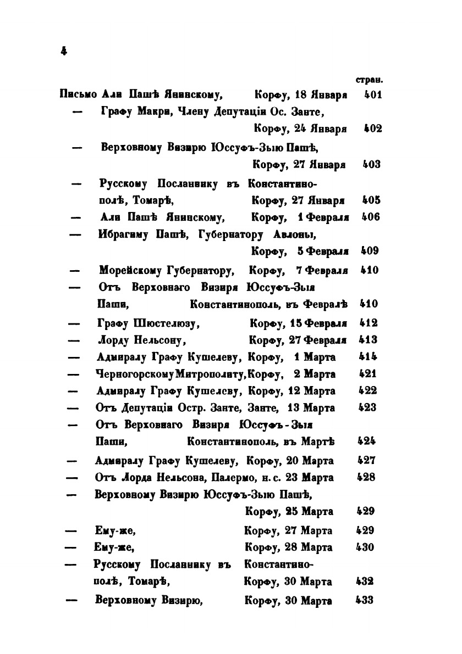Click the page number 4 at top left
(64, 51)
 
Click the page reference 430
(365, 547)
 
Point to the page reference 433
(365, 600)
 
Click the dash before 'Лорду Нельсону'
(74, 340)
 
